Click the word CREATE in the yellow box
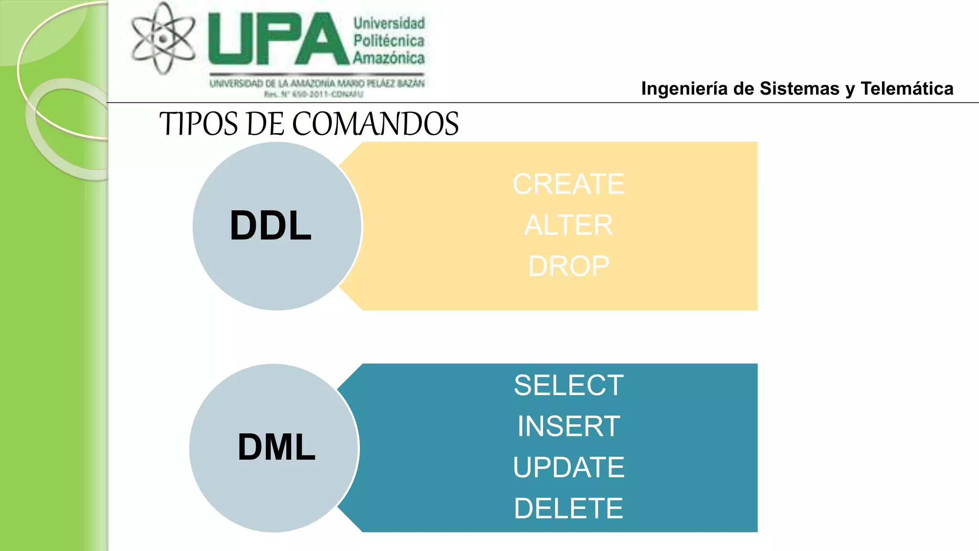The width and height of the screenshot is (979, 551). [568, 184]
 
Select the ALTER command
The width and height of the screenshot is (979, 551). [568, 225]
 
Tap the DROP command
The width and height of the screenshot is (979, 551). [568, 266]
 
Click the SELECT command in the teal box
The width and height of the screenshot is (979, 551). [568, 386]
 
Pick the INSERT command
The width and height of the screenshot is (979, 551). [568, 426]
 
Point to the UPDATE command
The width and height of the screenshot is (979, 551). [568, 467]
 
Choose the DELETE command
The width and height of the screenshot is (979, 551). [568, 508]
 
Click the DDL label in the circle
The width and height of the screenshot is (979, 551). [271, 226]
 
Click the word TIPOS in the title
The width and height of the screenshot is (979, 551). [198, 124]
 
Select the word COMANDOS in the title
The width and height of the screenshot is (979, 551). [375, 124]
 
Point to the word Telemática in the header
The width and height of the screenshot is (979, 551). [907, 89]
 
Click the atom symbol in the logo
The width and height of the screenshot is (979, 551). [163, 38]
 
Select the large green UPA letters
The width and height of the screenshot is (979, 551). [279, 39]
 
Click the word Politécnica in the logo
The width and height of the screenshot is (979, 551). [389, 41]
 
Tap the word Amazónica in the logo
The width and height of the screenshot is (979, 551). [389, 58]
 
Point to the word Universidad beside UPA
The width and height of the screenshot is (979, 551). [389, 23]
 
